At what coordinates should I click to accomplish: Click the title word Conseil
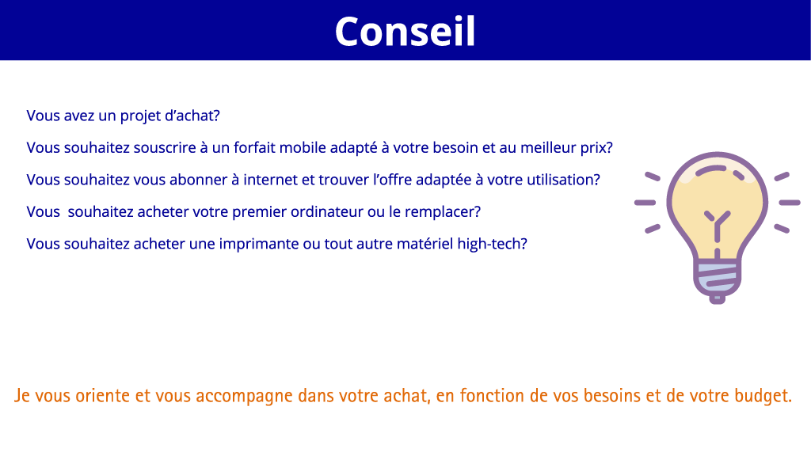405,32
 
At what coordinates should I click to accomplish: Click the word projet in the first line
139,116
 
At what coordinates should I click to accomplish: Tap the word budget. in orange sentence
762,395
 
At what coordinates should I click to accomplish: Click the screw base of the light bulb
718,279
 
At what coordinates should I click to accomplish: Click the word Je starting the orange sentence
21,395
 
